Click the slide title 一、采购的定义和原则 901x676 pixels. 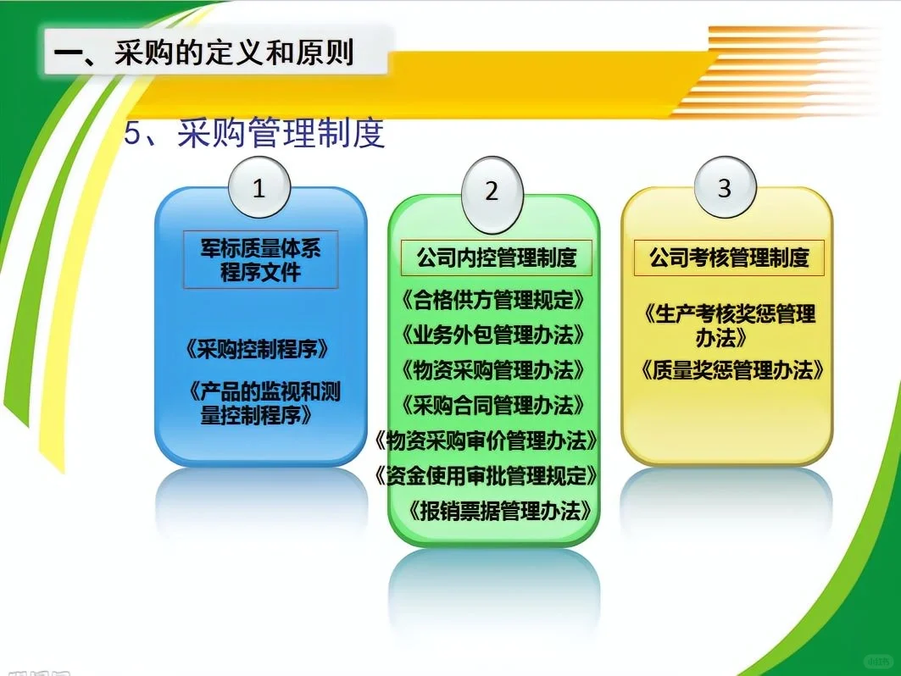point(203,53)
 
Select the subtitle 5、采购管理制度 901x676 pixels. point(254,133)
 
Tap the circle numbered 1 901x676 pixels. point(259,188)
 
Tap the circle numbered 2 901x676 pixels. point(492,191)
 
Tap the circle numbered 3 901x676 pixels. point(724,188)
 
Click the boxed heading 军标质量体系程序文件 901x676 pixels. point(260,259)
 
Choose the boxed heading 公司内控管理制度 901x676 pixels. point(496,257)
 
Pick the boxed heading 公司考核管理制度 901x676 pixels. point(729,257)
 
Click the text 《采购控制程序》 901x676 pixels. point(255,349)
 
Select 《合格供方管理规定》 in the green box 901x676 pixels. point(493,300)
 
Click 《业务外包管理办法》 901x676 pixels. point(493,335)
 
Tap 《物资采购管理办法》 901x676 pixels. point(493,370)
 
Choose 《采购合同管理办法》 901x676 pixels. point(493,405)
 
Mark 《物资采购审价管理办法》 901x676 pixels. point(487,441)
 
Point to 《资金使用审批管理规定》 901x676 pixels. point(487,475)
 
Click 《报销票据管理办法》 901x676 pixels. point(498,511)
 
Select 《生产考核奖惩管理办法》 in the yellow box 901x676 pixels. point(729,325)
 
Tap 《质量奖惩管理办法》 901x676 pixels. point(732,370)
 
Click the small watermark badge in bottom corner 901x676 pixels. point(876,660)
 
